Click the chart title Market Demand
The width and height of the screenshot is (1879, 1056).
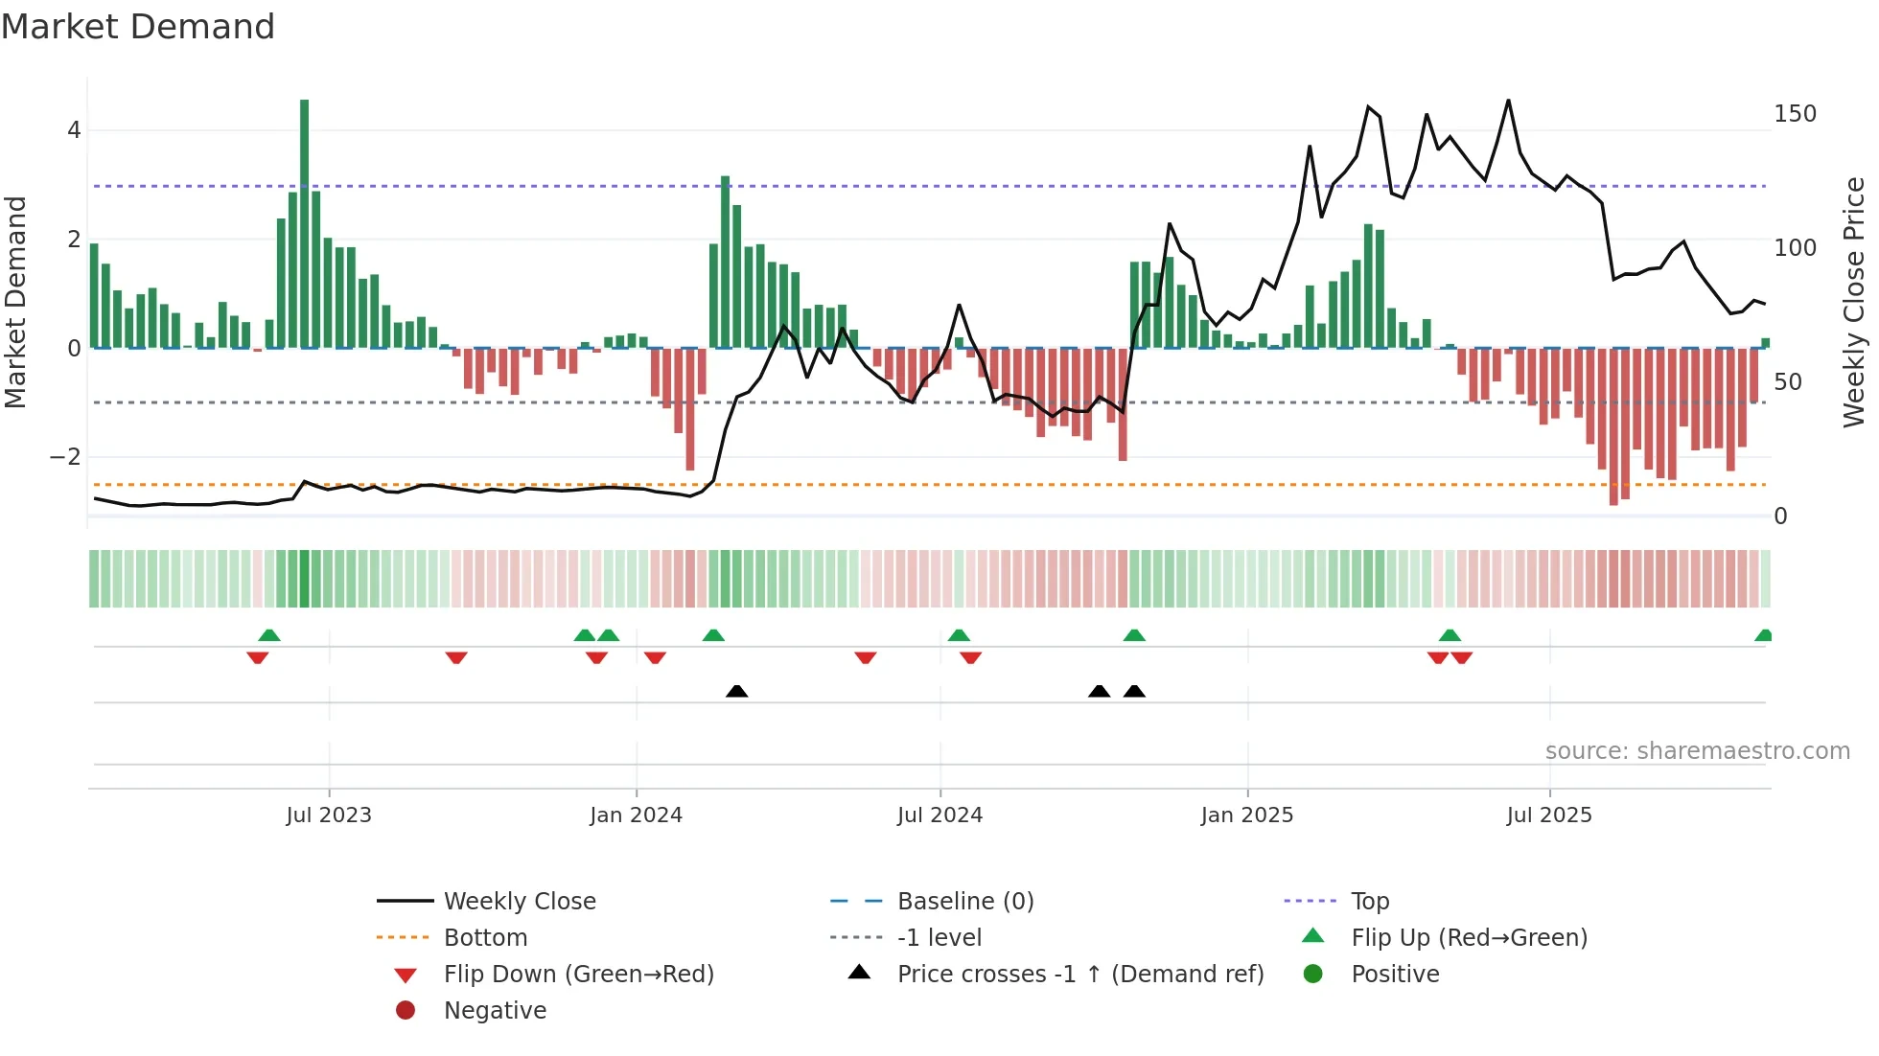click(x=138, y=27)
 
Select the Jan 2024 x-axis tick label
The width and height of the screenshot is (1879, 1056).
click(x=636, y=815)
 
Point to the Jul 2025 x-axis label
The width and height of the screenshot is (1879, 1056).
click(x=1548, y=815)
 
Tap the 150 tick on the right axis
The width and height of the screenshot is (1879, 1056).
click(x=1795, y=114)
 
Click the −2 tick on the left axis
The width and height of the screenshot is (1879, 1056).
click(x=65, y=457)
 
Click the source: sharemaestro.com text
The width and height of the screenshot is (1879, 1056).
click(x=1697, y=751)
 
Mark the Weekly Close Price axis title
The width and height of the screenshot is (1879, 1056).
click(x=1854, y=302)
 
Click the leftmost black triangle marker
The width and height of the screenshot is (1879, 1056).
click(x=736, y=691)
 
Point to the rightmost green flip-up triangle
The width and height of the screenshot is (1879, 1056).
click(x=1763, y=635)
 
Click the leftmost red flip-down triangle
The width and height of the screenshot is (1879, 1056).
click(x=257, y=657)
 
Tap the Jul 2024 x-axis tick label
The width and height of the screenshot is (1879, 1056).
click(x=939, y=815)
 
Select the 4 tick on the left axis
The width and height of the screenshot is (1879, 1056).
click(x=74, y=130)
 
